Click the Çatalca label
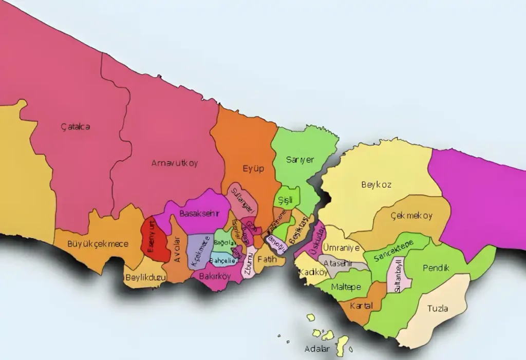click(75, 126)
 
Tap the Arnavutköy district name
click(174, 163)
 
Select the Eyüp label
click(253, 168)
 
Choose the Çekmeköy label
click(411, 216)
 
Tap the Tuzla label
click(437, 309)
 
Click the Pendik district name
click(436, 268)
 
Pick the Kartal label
click(361, 306)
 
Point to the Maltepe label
click(346, 287)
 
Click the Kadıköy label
click(314, 272)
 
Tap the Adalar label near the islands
click(317, 349)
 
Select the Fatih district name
click(267, 259)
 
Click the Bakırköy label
click(215, 276)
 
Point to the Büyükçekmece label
click(98, 243)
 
